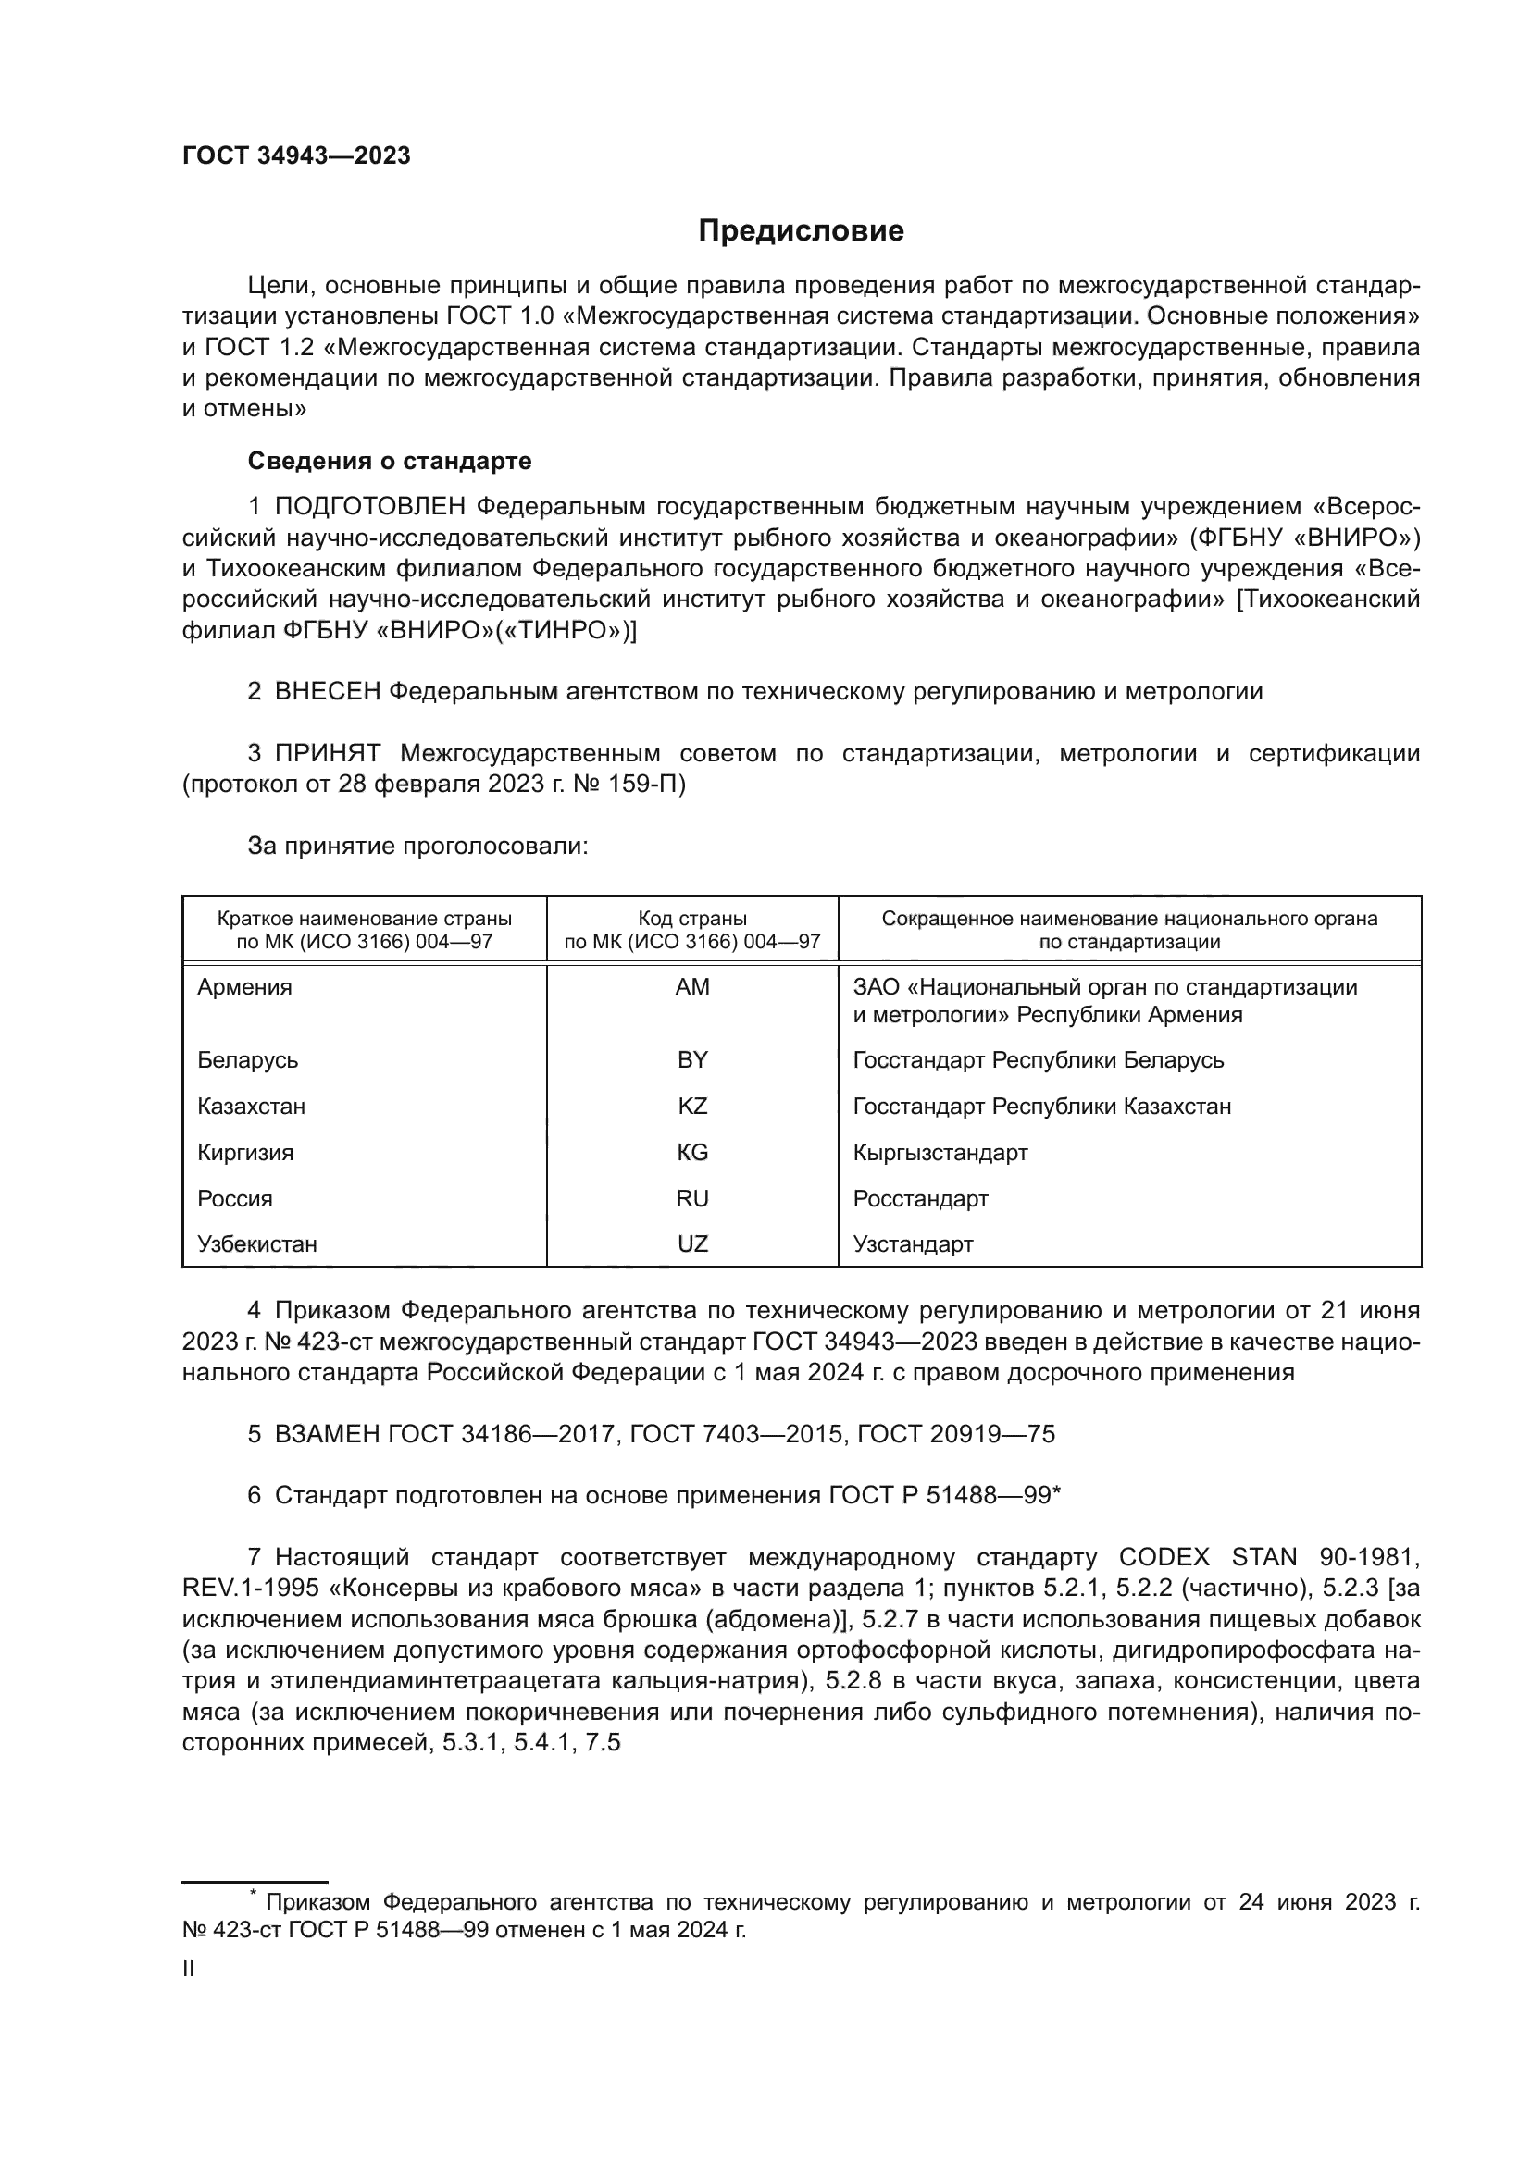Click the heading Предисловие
tap(801, 231)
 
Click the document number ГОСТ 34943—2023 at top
tap(296, 156)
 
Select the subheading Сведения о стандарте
tap(390, 461)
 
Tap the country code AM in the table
tap(692, 987)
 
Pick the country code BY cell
tap(692, 1059)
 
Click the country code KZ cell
tap(692, 1106)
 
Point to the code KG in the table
tap(692, 1152)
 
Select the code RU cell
tap(692, 1198)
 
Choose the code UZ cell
tap(692, 1243)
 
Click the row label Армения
tap(244, 987)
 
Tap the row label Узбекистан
tap(256, 1243)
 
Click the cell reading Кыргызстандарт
tap(940, 1152)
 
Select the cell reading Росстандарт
tap(920, 1198)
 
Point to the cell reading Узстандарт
tap(913, 1243)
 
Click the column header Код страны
tap(692, 918)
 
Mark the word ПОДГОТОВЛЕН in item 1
tap(369, 507)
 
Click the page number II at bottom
tap(189, 1968)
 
